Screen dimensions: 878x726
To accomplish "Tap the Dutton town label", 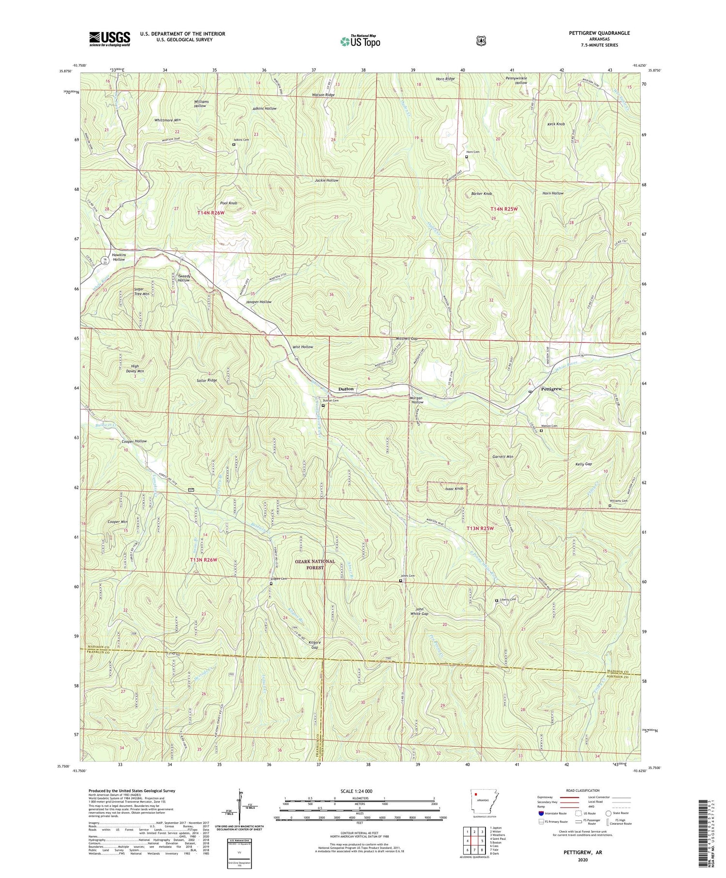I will (346, 389).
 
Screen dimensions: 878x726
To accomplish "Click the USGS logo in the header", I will (110, 39).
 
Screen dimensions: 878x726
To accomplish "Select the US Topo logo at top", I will (360, 41).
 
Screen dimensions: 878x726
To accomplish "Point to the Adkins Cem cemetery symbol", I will (234, 144).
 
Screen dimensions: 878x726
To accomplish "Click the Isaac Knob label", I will (454, 489).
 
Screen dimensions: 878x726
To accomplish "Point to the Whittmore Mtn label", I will (167, 120).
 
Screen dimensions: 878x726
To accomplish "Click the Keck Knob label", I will (556, 124).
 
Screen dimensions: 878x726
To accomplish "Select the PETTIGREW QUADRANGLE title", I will (593, 33).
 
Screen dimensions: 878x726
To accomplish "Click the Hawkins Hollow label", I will (119, 257).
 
